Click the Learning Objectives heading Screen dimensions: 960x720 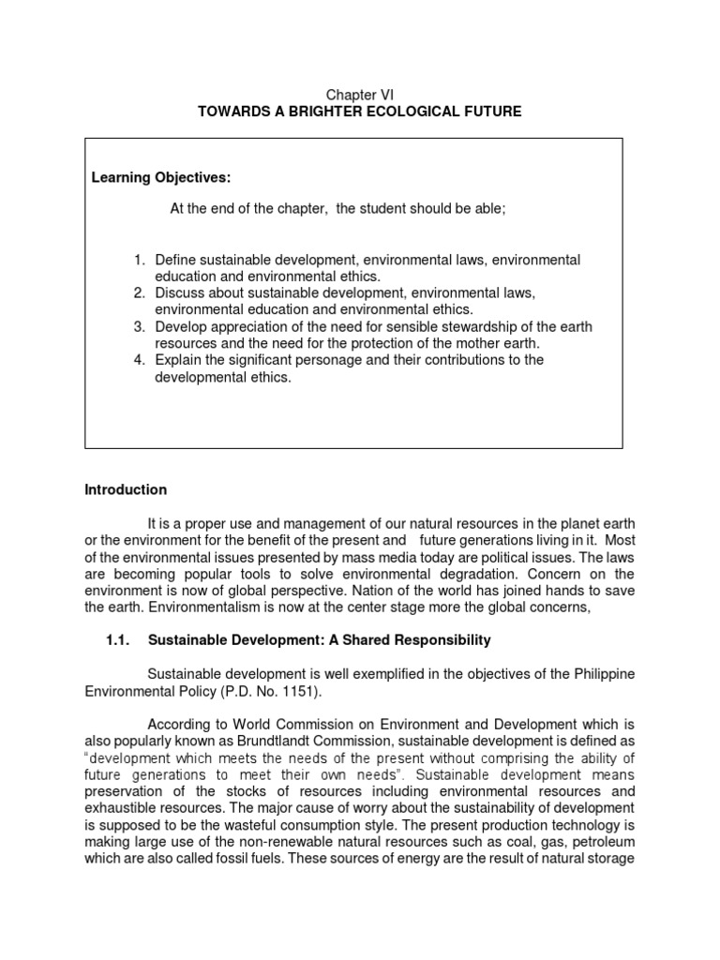(x=160, y=178)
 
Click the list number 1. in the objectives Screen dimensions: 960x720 (x=138, y=259)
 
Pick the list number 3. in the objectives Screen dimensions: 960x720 (x=138, y=326)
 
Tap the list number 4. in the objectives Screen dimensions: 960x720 (x=138, y=360)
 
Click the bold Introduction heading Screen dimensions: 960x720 (x=126, y=489)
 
